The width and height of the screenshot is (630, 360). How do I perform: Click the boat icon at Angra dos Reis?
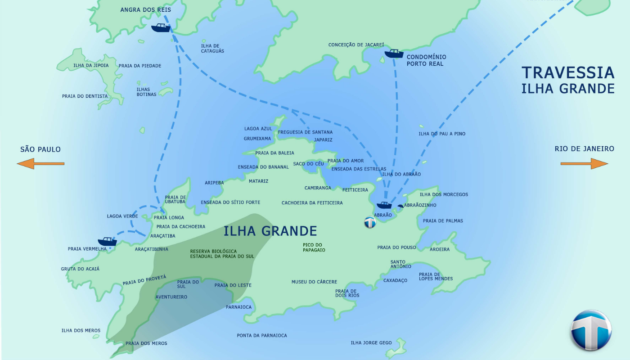pyautogui.click(x=161, y=28)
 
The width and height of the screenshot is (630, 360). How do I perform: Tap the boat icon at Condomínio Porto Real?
pyautogui.click(x=394, y=54)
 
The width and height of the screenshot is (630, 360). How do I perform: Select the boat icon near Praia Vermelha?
pyautogui.click(x=107, y=242)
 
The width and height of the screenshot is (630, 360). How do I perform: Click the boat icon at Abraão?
pyautogui.click(x=384, y=205)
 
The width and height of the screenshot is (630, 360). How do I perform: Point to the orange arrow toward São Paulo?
pyautogui.click(x=40, y=163)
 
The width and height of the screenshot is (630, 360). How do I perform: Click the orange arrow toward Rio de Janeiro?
pyautogui.click(x=584, y=163)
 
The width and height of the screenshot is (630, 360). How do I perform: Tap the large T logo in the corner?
pyautogui.click(x=591, y=330)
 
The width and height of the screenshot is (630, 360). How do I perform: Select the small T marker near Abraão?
pyautogui.click(x=370, y=222)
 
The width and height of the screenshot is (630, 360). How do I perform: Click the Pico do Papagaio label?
pyautogui.click(x=314, y=247)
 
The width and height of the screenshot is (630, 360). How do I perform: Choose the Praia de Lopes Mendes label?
pyautogui.click(x=436, y=276)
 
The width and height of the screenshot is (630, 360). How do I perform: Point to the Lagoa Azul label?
pyautogui.click(x=258, y=129)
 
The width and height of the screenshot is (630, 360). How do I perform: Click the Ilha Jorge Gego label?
pyautogui.click(x=371, y=343)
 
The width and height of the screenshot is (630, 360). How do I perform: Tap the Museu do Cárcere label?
pyautogui.click(x=314, y=282)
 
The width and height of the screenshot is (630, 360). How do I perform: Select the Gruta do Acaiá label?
pyautogui.click(x=80, y=269)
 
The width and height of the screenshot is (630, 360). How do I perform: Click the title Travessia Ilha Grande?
pyautogui.click(x=568, y=80)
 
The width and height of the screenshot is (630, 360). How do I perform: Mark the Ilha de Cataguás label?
pyautogui.click(x=212, y=48)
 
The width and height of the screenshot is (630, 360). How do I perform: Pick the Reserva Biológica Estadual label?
pyautogui.click(x=222, y=254)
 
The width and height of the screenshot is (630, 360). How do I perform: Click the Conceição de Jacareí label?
pyautogui.click(x=356, y=45)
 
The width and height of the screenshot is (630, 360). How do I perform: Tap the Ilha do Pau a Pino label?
pyautogui.click(x=442, y=134)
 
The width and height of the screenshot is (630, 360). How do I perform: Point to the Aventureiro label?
pyautogui.click(x=171, y=297)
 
